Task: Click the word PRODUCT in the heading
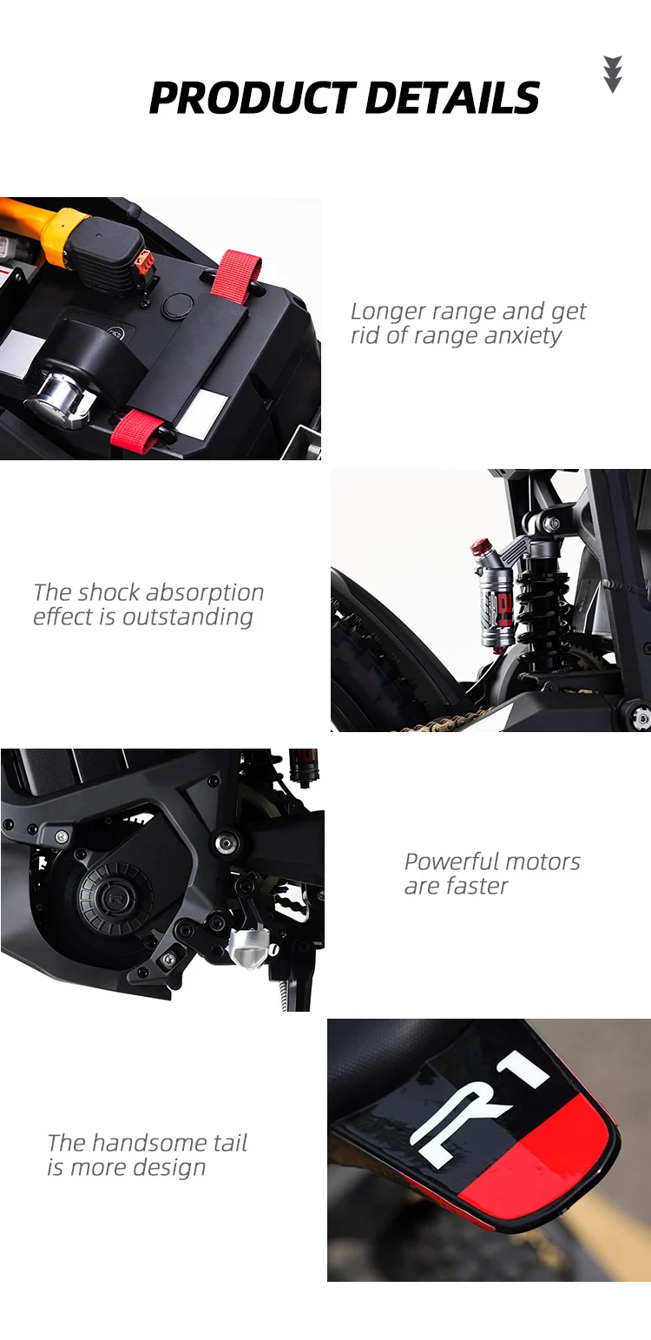click(x=253, y=97)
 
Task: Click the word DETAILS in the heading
click(x=452, y=97)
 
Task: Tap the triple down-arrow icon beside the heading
click(x=613, y=74)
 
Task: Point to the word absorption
click(x=205, y=593)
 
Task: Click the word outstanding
click(x=187, y=617)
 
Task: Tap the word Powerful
click(x=445, y=862)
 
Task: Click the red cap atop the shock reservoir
click(x=479, y=547)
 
